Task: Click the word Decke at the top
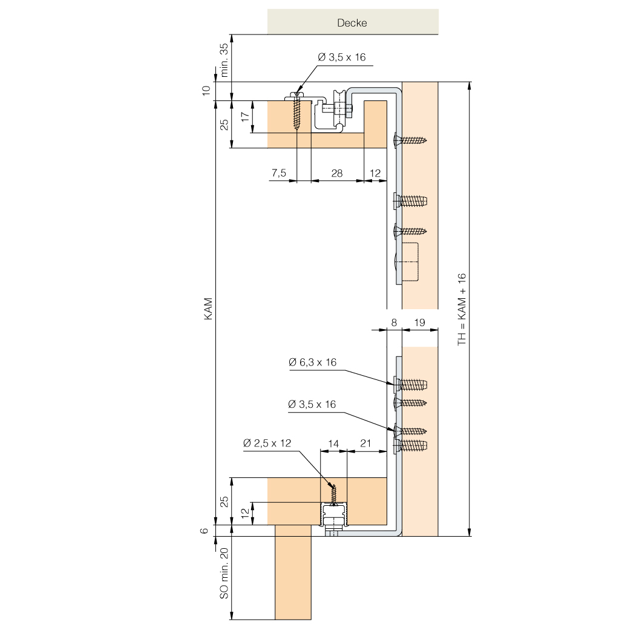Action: (x=352, y=23)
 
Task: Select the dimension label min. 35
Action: (x=224, y=60)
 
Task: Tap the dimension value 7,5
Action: (x=279, y=173)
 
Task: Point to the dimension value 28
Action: (x=337, y=173)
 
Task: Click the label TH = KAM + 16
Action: (x=462, y=309)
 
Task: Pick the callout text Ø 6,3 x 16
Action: (x=312, y=362)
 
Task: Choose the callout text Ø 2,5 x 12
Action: (x=267, y=443)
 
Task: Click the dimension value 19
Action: (x=420, y=322)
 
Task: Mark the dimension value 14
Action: (x=333, y=443)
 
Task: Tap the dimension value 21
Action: (x=365, y=443)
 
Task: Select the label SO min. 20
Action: (x=224, y=573)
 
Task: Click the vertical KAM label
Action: (x=208, y=309)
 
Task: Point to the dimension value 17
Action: (x=245, y=117)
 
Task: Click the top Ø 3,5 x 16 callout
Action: (x=342, y=57)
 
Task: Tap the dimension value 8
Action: (x=394, y=322)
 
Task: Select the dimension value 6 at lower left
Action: (x=205, y=531)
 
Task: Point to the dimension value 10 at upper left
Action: (x=206, y=91)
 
